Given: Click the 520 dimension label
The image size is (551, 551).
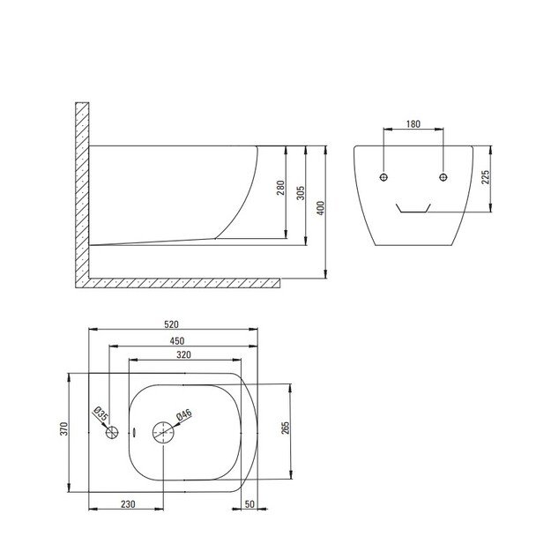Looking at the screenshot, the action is (x=172, y=324).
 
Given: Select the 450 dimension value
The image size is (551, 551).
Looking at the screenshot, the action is (x=177, y=341).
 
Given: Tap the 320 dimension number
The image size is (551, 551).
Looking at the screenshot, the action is (x=183, y=355).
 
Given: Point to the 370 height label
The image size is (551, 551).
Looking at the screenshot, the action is (x=64, y=428).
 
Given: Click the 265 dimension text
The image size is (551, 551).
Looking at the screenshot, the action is (x=286, y=428).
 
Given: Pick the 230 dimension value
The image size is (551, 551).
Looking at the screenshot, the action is (x=128, y=504).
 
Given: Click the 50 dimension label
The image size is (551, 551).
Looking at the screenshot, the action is (x=249, y=504).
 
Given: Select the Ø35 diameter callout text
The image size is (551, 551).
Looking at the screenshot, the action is (x=101, y=414).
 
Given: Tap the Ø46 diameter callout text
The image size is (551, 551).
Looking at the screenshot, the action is (x=184, y=414).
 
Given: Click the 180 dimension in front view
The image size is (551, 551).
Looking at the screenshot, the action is (x=413, y=124).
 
